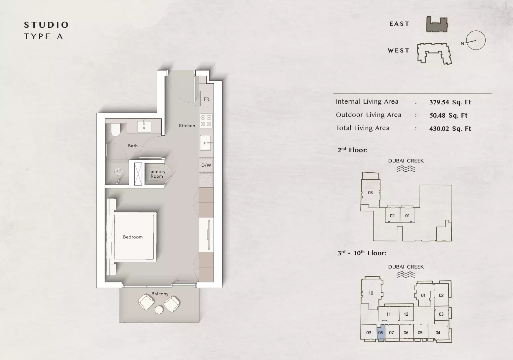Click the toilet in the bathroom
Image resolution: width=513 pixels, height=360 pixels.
point(115,129)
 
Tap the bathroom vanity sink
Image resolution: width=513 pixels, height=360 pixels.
point(144,126)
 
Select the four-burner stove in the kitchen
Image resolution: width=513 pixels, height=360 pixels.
point(206,121)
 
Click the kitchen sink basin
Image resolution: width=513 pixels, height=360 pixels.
point(206,143)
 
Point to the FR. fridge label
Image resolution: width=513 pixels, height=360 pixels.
point(207,99)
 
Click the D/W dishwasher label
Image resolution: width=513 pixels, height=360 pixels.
point(206,165)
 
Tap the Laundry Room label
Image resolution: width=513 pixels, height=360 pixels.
point(157,174)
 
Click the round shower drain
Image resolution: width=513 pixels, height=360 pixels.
point(118,172)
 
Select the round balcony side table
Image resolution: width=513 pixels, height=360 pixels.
point(159,310)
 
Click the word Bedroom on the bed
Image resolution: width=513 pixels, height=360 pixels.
point(133,237)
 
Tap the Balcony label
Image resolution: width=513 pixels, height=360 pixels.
point(160,294)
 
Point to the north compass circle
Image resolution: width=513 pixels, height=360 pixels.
point(476,40)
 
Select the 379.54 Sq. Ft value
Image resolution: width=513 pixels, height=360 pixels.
point(450,102)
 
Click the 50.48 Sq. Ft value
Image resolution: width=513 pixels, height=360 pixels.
point(448,115)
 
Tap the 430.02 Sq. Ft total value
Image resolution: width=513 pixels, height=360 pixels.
point(450,128)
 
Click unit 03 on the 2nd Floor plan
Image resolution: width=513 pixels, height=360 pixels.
point(370,193)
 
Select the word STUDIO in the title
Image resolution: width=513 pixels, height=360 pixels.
point(46,25)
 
